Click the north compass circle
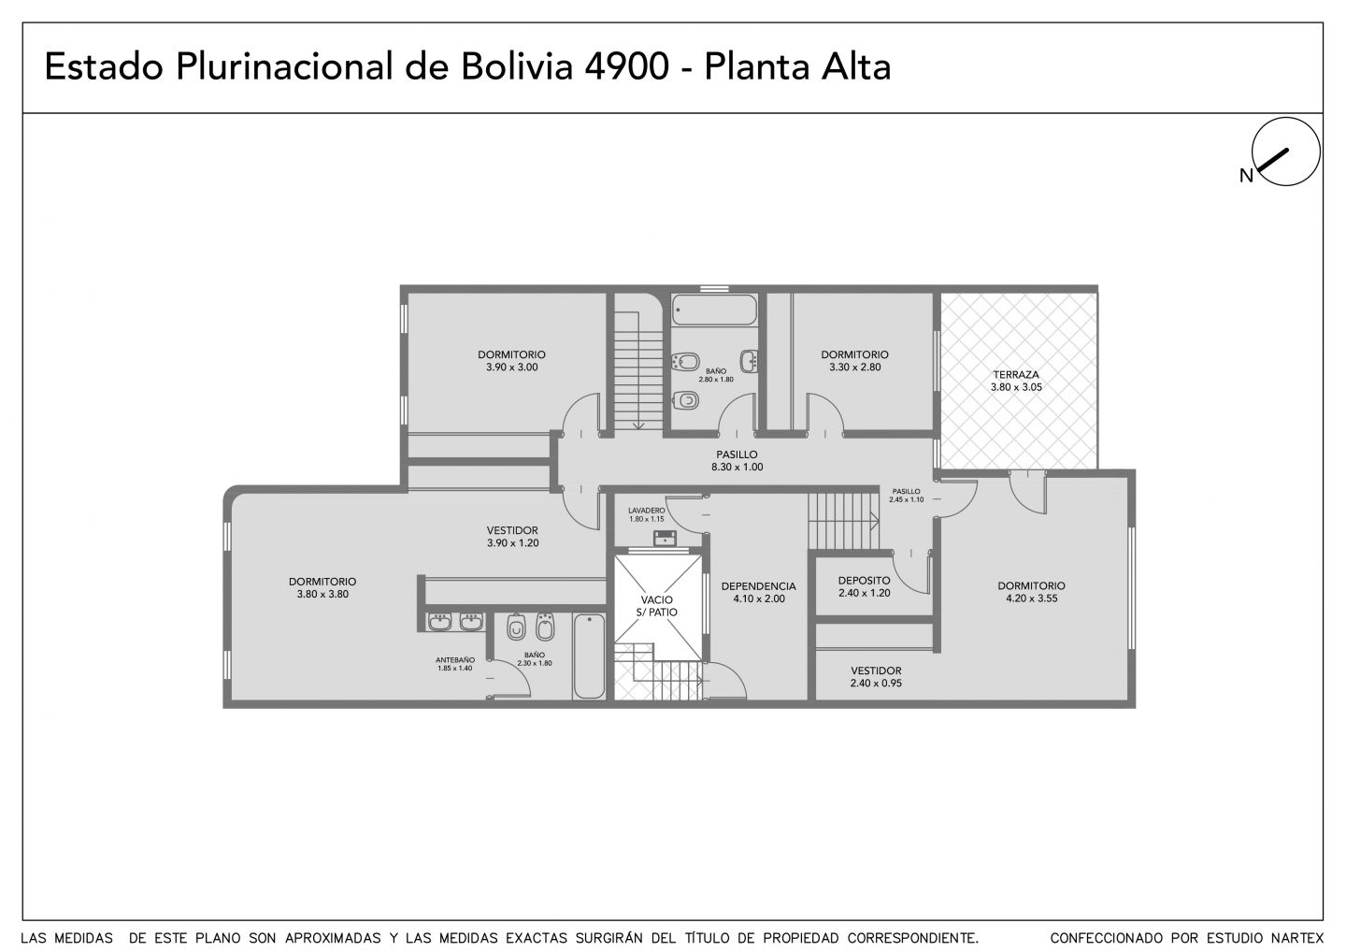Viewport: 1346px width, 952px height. [1285, 118]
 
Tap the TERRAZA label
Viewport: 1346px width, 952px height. [1016, 375]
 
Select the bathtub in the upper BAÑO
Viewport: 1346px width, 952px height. [714, 310]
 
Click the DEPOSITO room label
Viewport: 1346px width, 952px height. [864, 581]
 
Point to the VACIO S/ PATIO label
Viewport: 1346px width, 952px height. [657, 606]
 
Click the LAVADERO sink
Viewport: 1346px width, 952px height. [665, 538]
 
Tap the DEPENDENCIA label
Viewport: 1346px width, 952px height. [758, 586]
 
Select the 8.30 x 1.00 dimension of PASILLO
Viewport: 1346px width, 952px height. [737, 467]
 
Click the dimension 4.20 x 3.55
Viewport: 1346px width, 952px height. [1032, 598]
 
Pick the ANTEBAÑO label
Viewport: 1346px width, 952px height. [455, 660]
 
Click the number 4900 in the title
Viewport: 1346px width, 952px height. [626, 66]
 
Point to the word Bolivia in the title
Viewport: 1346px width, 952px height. [517, 66]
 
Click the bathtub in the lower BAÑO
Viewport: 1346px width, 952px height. [589, 656]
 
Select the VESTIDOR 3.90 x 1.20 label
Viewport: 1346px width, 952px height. [512, 537]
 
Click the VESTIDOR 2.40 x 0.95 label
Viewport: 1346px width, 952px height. [876, 677]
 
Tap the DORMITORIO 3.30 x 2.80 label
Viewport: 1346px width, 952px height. [854, 361]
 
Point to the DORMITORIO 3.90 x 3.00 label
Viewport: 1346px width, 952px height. [512, 361]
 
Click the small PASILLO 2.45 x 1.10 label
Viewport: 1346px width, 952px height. [906, 496]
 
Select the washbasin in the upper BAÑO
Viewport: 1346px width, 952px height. [749, 361]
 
